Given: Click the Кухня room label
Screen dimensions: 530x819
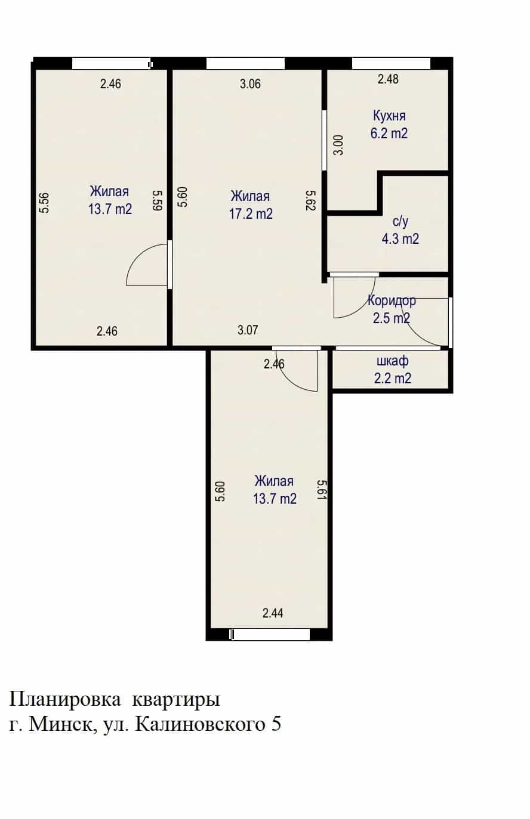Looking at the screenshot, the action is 389,116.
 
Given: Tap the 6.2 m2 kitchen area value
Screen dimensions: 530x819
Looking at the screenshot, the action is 389,134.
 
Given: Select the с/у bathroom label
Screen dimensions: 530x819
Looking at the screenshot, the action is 400,222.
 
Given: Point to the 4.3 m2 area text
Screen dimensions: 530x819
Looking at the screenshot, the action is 400,239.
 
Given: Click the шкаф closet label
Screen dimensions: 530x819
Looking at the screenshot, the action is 392,361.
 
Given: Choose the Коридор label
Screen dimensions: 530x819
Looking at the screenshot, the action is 392,301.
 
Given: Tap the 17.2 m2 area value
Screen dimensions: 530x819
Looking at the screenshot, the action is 251,214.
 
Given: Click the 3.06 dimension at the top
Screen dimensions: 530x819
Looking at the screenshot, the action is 250,84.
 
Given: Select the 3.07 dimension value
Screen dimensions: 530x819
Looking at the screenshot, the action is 248,330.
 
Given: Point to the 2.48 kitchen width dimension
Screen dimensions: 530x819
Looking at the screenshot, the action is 388,79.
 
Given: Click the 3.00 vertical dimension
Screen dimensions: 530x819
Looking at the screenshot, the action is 339,145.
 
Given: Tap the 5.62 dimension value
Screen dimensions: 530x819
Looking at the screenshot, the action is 311,200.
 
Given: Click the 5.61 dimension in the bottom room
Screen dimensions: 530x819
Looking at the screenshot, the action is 321,491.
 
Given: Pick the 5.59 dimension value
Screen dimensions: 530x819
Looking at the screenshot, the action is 158,200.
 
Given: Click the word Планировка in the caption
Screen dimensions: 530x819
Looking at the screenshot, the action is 65,700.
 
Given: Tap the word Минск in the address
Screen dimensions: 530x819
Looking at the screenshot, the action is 60,725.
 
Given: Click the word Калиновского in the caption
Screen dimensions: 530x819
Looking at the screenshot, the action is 200,725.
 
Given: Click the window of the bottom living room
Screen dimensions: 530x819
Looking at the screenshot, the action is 271,634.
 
